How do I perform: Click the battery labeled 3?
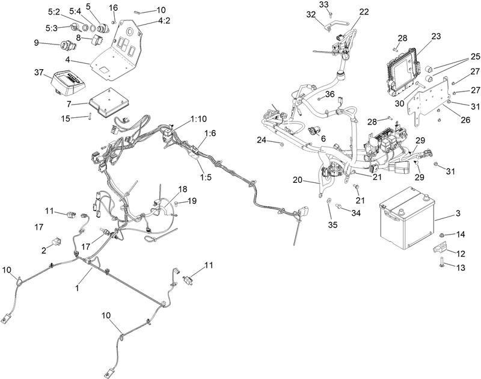click(407, 218)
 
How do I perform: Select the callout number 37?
click(40, 72)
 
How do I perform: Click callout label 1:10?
click(198, 119)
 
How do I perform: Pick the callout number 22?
click(364, 11)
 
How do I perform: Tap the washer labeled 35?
click(328, 200)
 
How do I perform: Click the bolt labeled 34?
click(339, 206)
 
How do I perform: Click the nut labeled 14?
click(441, 235)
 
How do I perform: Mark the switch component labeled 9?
click(67, 46)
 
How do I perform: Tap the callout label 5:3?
click(52, 28)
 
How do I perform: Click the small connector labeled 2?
click(57, 241)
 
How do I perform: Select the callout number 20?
click(298, 180)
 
